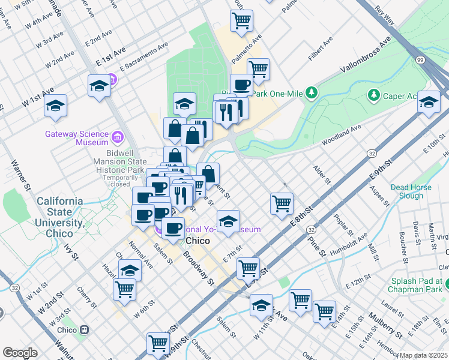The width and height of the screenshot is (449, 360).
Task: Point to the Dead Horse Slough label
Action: (411, 191)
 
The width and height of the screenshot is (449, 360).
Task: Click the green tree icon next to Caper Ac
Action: (374, 95)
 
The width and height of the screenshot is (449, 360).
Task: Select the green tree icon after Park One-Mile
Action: (311, 93)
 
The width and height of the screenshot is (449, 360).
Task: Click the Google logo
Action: (20, 352)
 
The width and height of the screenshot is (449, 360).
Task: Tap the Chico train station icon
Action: (85, 330)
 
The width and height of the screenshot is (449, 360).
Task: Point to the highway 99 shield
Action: (420, 60)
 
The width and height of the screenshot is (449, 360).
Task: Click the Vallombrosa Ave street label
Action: (366, 55)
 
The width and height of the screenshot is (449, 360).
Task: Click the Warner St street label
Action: (20, 175)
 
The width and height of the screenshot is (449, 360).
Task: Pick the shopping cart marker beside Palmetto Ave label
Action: (241, 20)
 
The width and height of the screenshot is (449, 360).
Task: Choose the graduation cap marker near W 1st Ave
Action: (55, 106)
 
